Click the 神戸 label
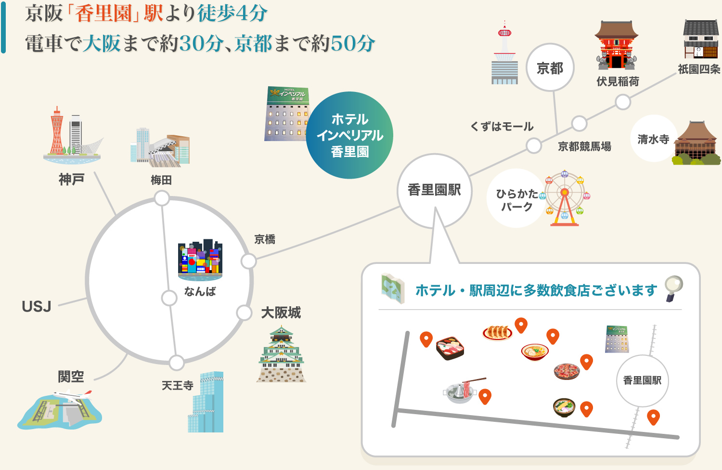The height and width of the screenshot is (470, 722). pyautogui.click(x=72, y=179)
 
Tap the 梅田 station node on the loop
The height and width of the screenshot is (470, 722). pyautogui.click(x=162, y=198)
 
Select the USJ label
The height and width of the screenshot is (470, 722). pyautogui.click(x=37, y=306)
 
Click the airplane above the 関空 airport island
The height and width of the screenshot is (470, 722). pyautogui.click(x=73, y=395)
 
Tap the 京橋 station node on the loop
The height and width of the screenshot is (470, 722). pyautogui.click(x=248, y=261)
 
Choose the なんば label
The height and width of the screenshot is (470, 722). pyautogui.click(x=200, y=292)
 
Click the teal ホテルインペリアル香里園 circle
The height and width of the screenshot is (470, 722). pyautogui.click(x=349, y=135)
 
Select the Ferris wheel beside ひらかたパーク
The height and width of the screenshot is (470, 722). pyautogui.click(x=565, y=198)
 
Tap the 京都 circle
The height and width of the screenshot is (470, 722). pyautogui.click(x=550, y=67)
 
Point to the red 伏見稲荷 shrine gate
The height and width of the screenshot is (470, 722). pyautogui.click(x=617, y=45)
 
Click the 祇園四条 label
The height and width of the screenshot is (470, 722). pyautogui.click(x=699, y=69)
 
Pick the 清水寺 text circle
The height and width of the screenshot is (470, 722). pyautogui.click(x=653, y=139)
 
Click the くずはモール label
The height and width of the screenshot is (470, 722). pyautogui.click(x=502, y=127)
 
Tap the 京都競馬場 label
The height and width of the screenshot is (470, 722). pyautogui.click(x=584, y=146)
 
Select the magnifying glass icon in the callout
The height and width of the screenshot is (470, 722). pyautogui.click(x=674, y=288)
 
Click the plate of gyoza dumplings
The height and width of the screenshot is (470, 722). pyautogui.click(x=497, y=333)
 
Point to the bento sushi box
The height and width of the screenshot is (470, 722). pyautogui.click(x=450, y=348)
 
